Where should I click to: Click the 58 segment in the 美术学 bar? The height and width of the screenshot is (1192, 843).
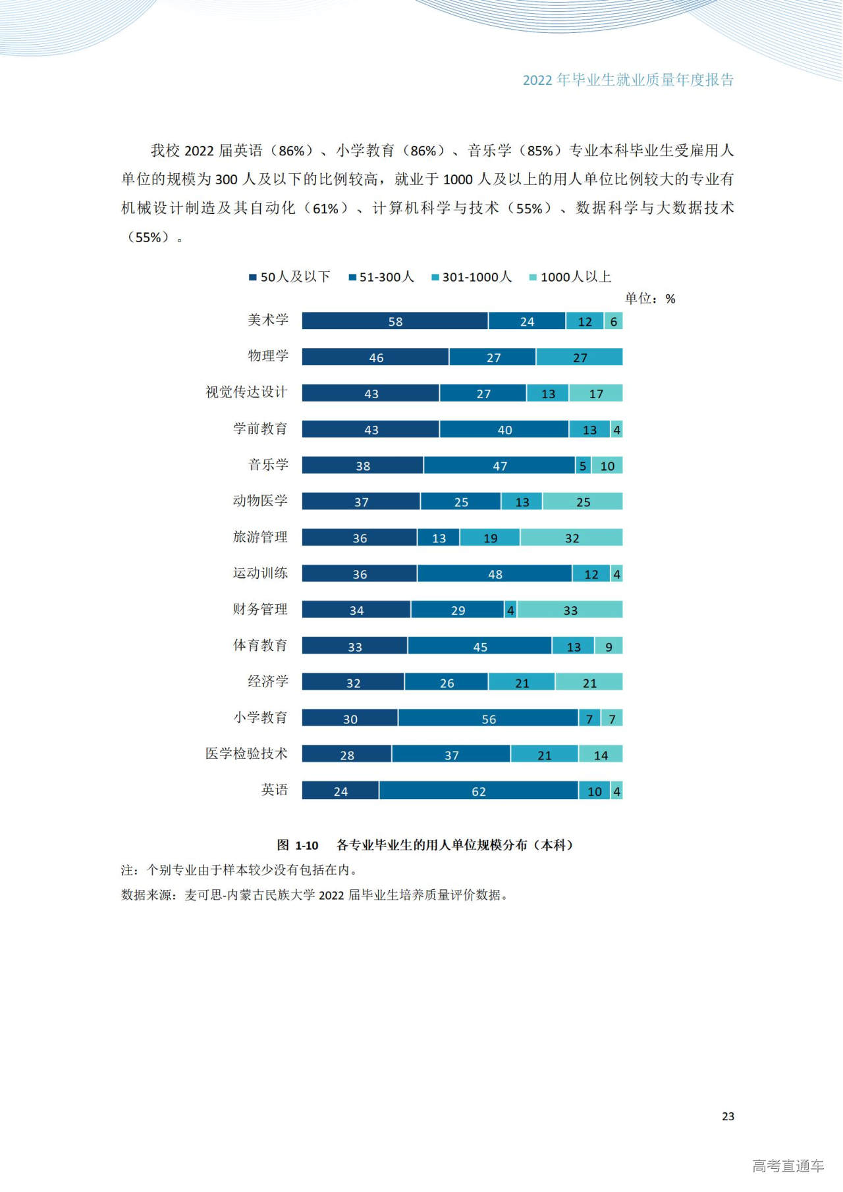coord(395,321)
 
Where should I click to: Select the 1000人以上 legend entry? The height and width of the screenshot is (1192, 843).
coord(570,277)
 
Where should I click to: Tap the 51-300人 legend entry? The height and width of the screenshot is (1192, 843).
coord(381,277)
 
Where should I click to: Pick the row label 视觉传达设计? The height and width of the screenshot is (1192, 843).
coord(246,392)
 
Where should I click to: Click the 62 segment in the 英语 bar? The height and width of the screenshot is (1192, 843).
coord(479,791)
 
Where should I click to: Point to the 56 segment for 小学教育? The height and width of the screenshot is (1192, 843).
coord(488,719)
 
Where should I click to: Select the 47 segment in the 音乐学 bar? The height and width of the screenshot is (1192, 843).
coord(500,465)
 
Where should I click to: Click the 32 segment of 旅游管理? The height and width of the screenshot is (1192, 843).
coord(572,538)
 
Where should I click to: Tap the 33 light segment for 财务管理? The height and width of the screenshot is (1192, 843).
coord(570,610)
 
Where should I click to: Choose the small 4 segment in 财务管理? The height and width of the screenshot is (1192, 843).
coord(510,610)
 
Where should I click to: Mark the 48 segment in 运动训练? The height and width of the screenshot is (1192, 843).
coord(495,574)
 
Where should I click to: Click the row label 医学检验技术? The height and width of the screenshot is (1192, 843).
coord(246,754)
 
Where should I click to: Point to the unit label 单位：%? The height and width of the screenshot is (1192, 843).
coord(650,299)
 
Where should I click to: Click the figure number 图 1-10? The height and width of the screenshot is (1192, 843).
coord(298,845)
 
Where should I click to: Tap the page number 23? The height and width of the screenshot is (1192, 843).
coord(728,1116)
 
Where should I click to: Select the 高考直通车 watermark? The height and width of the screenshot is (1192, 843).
coord(788,1166)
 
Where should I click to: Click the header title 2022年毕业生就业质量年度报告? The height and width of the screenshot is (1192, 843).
coord(628,80)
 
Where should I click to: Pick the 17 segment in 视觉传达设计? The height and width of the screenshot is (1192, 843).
coord(596,394)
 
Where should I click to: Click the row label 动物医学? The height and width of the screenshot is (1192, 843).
coord(260,501)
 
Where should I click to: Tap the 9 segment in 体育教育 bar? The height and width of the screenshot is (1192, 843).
coord(609,646)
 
